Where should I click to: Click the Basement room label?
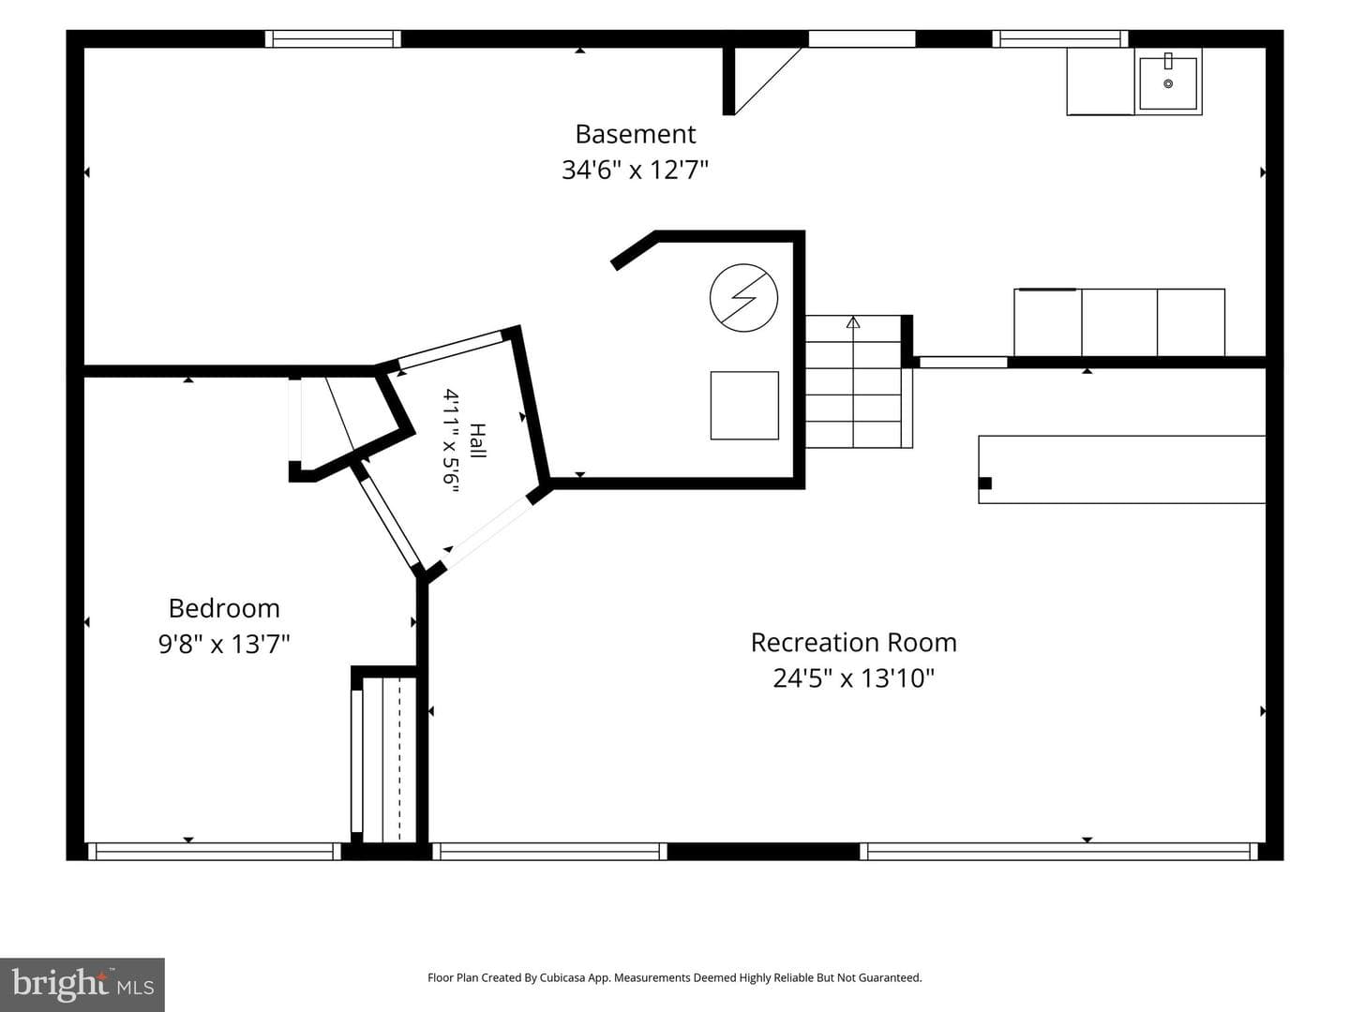click(636, 134)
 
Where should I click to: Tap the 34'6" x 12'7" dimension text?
click(636, 169)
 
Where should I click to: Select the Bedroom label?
click(224, 608)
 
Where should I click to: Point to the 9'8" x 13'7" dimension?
click(224, 644)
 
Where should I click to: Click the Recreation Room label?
click(854, 643)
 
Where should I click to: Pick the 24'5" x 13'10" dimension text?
click(854, 678)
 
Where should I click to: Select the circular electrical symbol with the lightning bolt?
click(743, 298)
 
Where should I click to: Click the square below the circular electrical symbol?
click(744, 406)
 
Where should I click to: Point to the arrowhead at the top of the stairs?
click(852, 322)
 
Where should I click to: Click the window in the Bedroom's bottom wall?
click(214, 851)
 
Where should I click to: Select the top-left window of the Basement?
click(333, 38)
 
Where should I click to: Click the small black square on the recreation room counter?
click(984, 483)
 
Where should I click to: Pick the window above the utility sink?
click(1060, 38)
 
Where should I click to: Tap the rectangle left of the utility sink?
click(1101, 82)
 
